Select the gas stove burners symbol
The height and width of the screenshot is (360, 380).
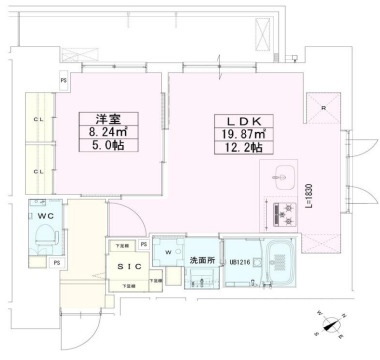[279, 210]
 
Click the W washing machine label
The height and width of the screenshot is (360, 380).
[166, 252]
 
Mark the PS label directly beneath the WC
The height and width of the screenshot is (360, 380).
[57, 262]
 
